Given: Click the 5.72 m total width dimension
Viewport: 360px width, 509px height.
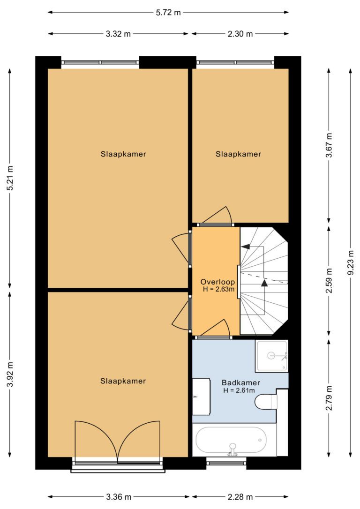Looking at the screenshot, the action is [168, 13].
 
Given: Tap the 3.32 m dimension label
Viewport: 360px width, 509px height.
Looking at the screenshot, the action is [118, 34].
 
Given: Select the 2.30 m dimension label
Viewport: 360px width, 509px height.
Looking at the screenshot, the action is [240, 34].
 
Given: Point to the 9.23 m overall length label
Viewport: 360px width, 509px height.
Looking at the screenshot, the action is [350, 263].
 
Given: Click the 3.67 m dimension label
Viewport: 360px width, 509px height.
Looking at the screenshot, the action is [329, 145].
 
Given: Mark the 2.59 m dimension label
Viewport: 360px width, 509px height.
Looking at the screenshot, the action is [329, 281].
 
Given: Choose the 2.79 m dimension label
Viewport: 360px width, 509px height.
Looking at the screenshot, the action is [329, 398].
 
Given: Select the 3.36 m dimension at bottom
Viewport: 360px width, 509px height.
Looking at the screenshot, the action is [119, 497].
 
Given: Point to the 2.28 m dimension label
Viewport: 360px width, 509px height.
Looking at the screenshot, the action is [240, 497].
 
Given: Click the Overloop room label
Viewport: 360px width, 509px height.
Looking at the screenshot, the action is [217, 282].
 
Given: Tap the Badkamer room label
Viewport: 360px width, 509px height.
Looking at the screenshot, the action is [241, 383].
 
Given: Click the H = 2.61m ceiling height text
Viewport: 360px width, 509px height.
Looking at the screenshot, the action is [239, 390].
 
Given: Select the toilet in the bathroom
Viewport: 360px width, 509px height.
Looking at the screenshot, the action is [266, 402].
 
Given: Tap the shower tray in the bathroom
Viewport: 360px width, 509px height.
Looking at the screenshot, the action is [271, 356].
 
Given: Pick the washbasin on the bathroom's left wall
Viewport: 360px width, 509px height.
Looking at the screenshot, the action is [201, 397].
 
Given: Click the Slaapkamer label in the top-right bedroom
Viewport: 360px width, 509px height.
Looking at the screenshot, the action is [238, 154].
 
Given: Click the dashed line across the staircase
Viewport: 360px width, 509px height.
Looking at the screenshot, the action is [263, 278].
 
